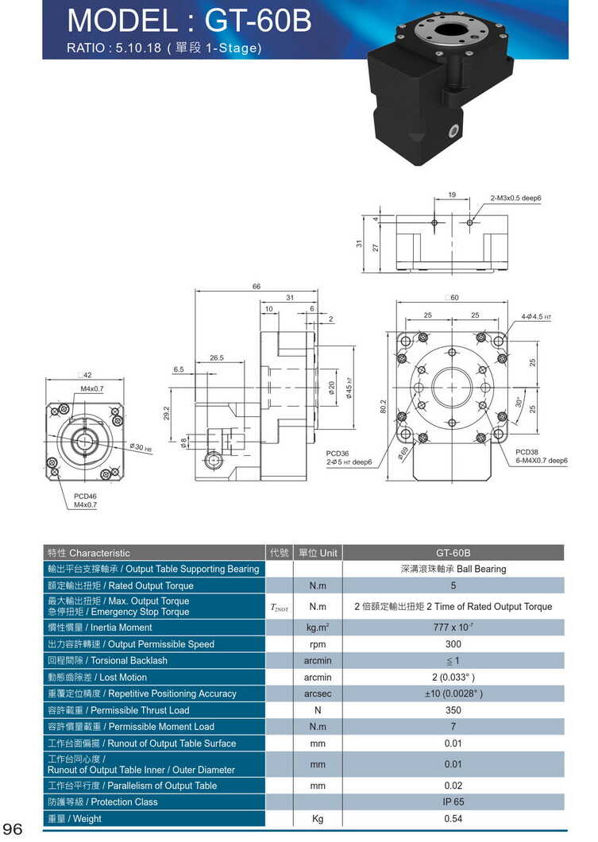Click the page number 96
click(x=14, y=828)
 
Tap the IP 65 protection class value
click(x=453, y=802)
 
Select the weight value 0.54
click(x=453, y=819)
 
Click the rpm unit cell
click(x=318, y=644)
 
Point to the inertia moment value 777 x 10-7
click(x=453, y=628)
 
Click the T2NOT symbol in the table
click(x=280, y=607)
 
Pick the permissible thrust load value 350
click(x=453, y=710)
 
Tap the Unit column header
click(x=318, y=553)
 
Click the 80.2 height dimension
click(x=383, y=407)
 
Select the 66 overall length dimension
click(x=257, y=287)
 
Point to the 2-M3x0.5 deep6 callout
click(x=520, y=197)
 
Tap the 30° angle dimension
click(x=519, y=402)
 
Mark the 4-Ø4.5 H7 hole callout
click(x=535, y=317)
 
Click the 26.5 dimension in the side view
click(x=217, y=358)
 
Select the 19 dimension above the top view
click(x=451, y=195)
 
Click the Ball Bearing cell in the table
click(x=453, y=569)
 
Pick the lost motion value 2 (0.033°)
click(x=453, y=678)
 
